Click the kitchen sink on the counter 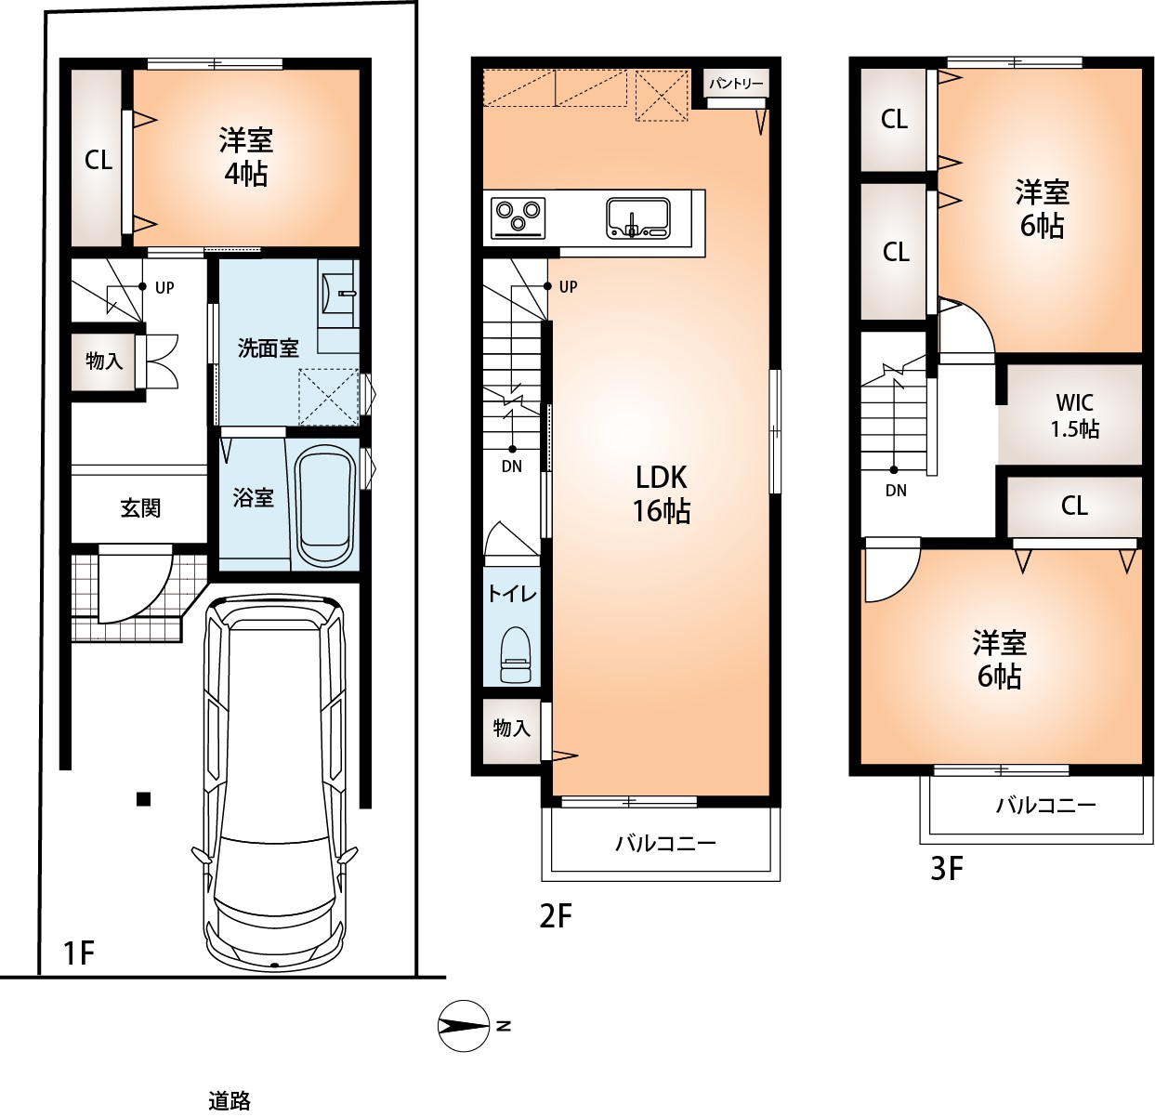638,217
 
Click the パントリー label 736,84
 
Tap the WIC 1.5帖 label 1074,414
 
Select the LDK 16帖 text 662,493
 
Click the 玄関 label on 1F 140,508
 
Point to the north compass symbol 464,1026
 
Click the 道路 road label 230,1101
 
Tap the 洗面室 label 269,348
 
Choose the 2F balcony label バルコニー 665,843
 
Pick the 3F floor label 946,870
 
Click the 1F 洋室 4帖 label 245,157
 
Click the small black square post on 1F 143,799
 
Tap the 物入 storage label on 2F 511,728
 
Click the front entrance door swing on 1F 135,589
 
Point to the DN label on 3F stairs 896,491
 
